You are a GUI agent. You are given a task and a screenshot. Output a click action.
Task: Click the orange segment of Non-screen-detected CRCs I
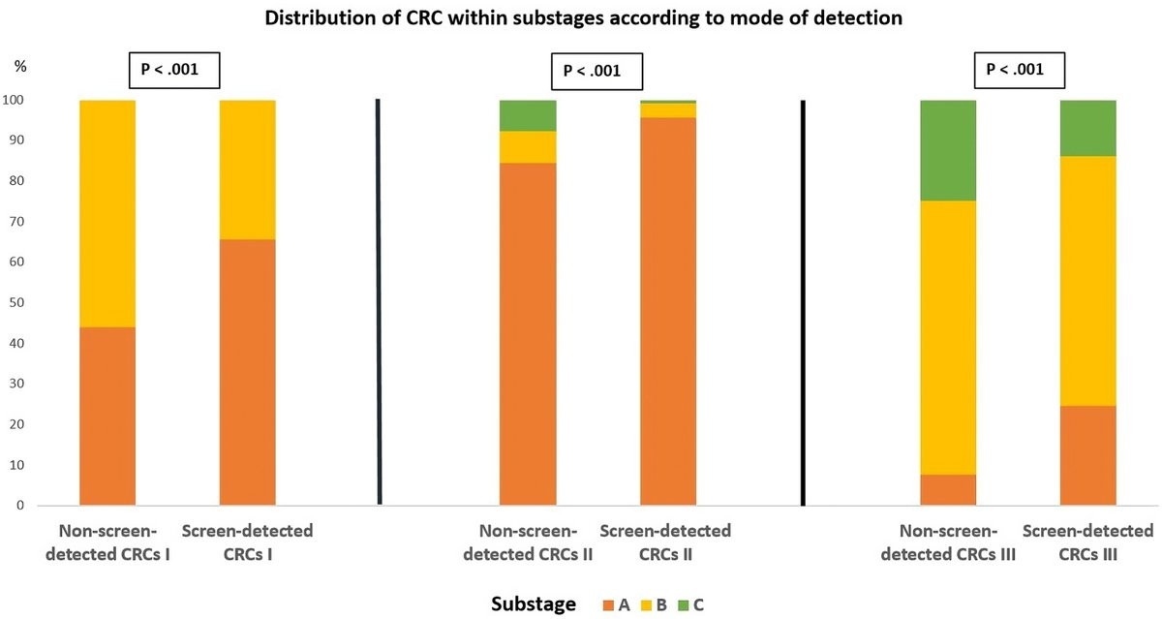107,417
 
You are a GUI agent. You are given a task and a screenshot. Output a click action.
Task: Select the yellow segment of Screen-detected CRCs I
247,170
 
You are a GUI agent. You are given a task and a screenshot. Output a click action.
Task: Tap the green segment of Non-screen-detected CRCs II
528,115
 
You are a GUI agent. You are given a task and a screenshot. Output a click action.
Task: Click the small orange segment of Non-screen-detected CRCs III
947,490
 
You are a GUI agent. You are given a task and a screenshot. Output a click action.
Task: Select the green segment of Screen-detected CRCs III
1088,128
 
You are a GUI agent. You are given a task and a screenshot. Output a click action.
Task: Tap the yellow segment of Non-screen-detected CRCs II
528,147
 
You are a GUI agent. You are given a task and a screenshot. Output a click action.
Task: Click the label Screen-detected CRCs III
1087,542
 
